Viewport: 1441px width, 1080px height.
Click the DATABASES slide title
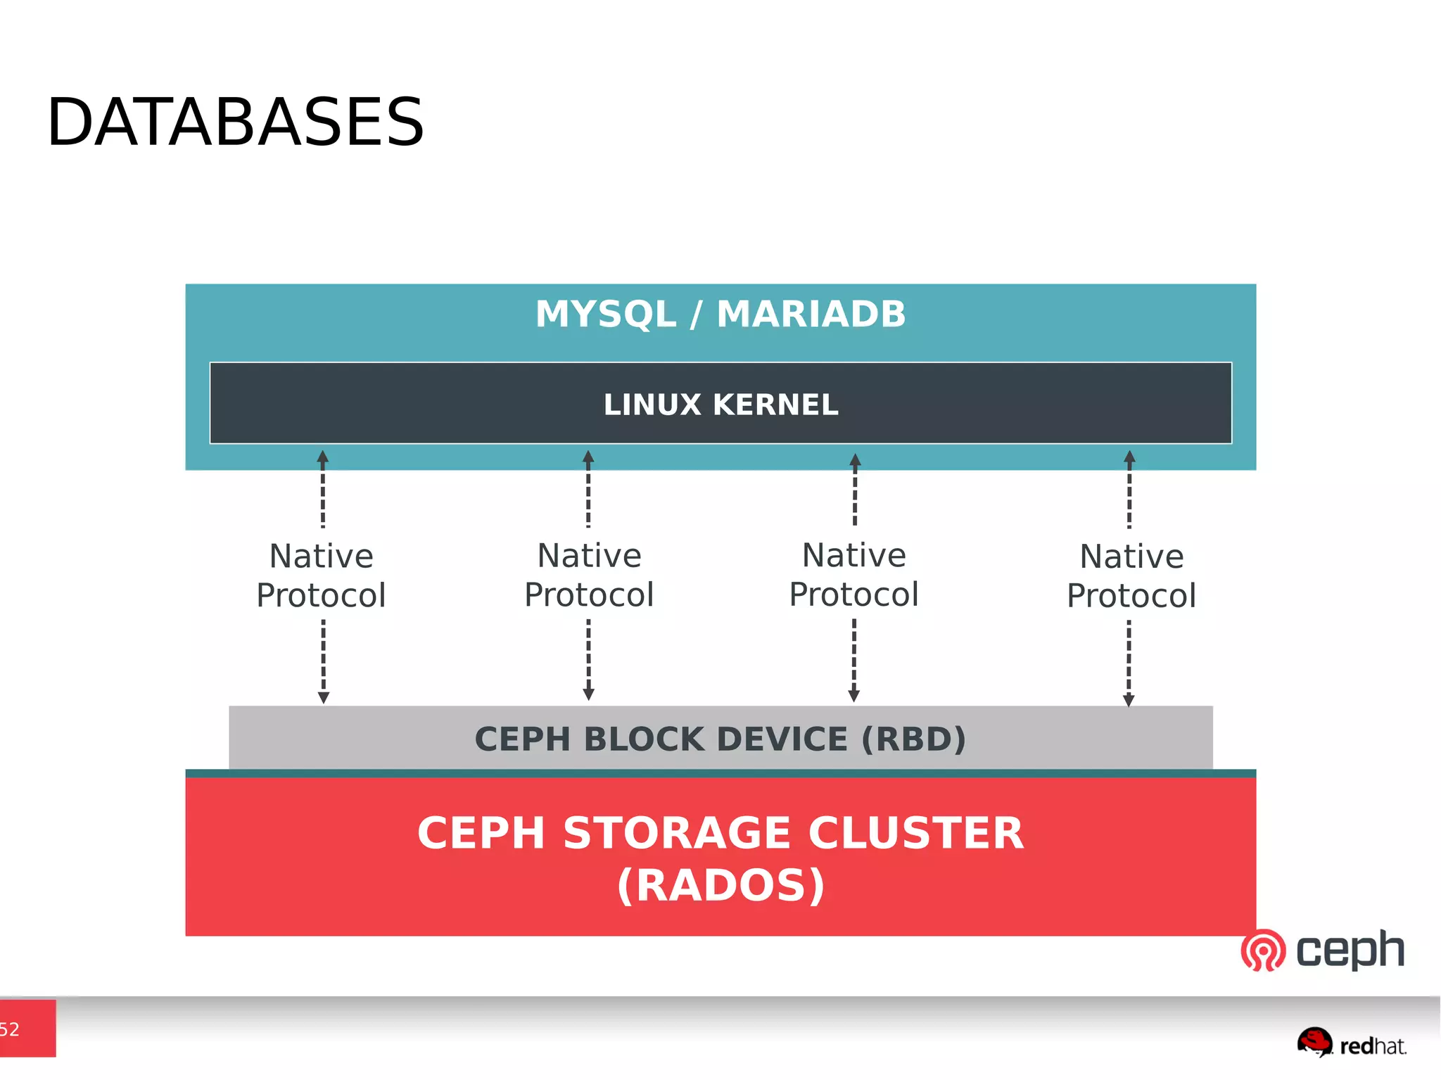pyautogui.click(x=235, y=122)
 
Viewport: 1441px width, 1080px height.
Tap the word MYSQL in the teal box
pyautogui.click(x=605, y=314)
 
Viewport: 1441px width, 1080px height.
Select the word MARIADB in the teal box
pyautogui.click(x=811, y=314)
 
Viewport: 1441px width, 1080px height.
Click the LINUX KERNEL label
pyautogui.click(x=720, y=405)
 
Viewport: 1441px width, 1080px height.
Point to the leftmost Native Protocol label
pyautogui.click(x=322, y=576)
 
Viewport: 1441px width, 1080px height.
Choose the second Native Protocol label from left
pyautogui.click(x=590, y=575)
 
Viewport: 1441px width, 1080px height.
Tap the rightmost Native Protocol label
pyautogui.click(x=1131, y=576)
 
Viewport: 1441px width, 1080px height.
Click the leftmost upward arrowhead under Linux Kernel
pyautogui.click(x=323, y=457)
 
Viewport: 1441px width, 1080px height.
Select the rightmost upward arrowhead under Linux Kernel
pyautogui.click(x=1129, y=457)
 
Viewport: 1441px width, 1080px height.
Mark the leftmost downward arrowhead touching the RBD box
pyautogui.click(x=324, y=697)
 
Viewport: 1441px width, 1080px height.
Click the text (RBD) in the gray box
pyautogui.click(x=913, y=739)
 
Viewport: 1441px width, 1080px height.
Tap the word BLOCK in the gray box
pyautogui.click(x=644, y=739)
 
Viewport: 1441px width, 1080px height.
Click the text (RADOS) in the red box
pyautogui.click(x=720, y=885)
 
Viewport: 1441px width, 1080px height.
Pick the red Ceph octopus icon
pyautogui.click(x=1263, y=950)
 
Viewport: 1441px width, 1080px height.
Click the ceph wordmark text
pyautogui.click(x=1350, y=950)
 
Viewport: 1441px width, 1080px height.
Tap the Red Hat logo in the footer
pyautogui.click(x=1351, y=1043)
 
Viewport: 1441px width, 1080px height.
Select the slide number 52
pyautogui.click(x=10, y=1029)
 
